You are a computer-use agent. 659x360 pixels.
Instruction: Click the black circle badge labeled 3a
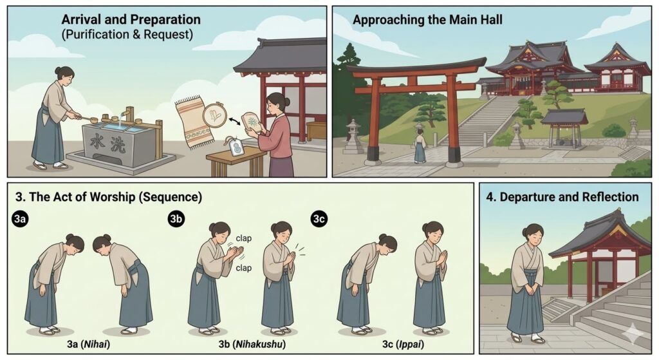click(x=21, y=219)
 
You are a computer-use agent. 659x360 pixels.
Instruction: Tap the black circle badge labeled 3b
click(x=176, y=219)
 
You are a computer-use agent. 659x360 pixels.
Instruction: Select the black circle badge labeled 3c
click(x=319, y=219)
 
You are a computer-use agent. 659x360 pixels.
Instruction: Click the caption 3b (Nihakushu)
click(x=252, y=344)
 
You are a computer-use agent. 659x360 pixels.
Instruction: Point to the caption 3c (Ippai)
click(x=403, y=344)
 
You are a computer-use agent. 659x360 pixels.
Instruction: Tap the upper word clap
click(x=244, y=238)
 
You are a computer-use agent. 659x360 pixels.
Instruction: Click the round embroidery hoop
click(x=214, y=115)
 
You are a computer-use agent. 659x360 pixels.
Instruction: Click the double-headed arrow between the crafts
click(x=234, y=121)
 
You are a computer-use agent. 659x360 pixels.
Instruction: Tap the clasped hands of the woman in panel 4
click(x=526, y=290)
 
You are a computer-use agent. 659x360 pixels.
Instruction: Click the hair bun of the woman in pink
click(x=287, y=101)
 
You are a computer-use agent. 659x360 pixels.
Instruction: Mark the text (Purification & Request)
click(x=127, y=34)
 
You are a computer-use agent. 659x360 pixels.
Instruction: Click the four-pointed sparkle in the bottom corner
click(x=634, y=334)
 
